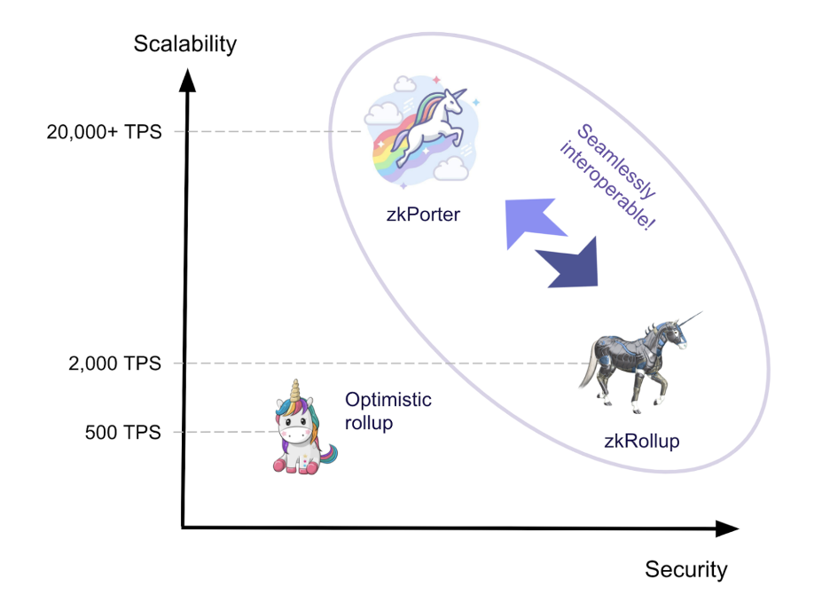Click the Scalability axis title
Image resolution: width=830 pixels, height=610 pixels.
coord(184,44)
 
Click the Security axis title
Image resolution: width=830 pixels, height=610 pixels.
coord(686,570)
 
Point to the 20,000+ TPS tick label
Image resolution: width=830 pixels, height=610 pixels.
coord(105,132)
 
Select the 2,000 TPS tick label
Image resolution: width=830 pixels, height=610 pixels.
coord(115,364)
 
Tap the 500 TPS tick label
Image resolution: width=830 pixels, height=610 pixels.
coord(122,433)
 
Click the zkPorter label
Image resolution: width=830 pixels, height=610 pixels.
coord(423,215)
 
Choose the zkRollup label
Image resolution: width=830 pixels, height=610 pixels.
coord(641,441)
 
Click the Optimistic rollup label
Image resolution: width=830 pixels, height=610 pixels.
coord(388,411)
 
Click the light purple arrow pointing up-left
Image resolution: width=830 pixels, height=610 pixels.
coord(531,221)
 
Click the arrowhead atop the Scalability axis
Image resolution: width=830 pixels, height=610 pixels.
coord(187,81)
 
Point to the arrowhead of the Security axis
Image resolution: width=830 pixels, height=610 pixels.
coord(727,528)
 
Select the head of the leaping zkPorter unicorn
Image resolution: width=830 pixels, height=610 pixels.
coord(451,100)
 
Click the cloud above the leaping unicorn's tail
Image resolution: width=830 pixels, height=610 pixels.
coord(383,113)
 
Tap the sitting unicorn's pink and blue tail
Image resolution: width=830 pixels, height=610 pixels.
coord(328,454)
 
